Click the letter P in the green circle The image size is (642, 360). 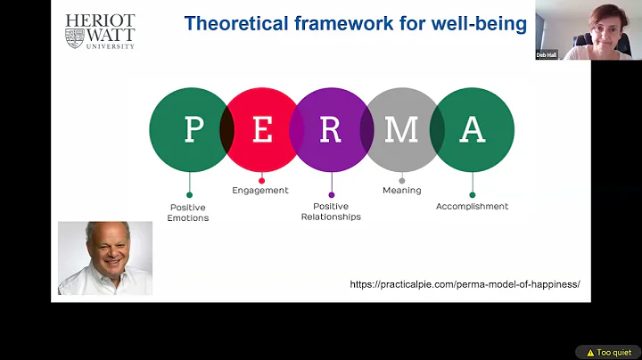point(193,130)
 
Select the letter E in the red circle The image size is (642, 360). point(262,130)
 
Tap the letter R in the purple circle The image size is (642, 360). point(331,130)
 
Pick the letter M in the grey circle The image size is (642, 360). point(401,130)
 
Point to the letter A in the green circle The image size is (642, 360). point(472,130)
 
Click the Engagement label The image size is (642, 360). point(260,190)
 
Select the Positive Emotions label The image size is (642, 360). point(188,212)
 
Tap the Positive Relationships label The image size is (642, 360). point(331,211)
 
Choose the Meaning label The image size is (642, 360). point(401,190)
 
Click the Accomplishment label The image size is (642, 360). point(472,207)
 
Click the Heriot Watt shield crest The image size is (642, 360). point(75,37)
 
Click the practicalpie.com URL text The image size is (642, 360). point(465,284)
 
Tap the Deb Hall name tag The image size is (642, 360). point(547,54)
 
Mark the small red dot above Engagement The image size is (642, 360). point(261,180)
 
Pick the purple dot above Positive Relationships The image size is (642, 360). point(331,194)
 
